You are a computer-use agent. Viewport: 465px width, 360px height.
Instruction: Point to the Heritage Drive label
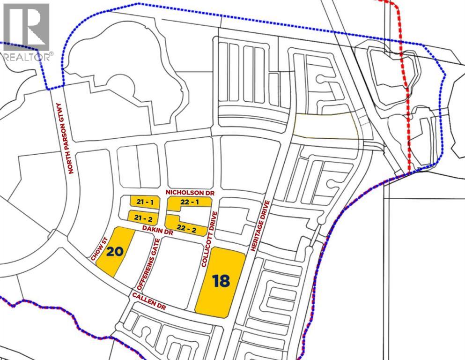261,226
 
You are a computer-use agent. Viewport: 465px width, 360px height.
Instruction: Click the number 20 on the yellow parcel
115,252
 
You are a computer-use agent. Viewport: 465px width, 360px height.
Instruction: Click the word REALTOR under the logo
26,57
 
